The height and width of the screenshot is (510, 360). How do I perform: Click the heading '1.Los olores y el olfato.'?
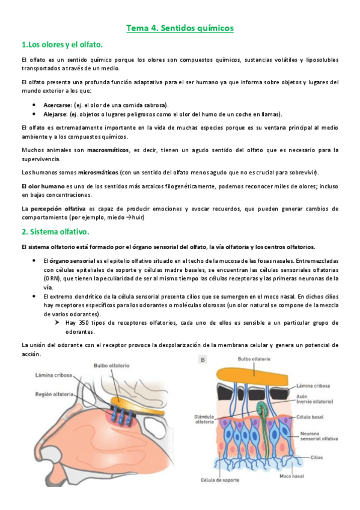62,45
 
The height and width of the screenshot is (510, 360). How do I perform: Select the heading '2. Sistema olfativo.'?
55,231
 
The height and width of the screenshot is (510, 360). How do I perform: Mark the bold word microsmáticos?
99,172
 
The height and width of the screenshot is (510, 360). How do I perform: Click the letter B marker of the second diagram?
203,360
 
